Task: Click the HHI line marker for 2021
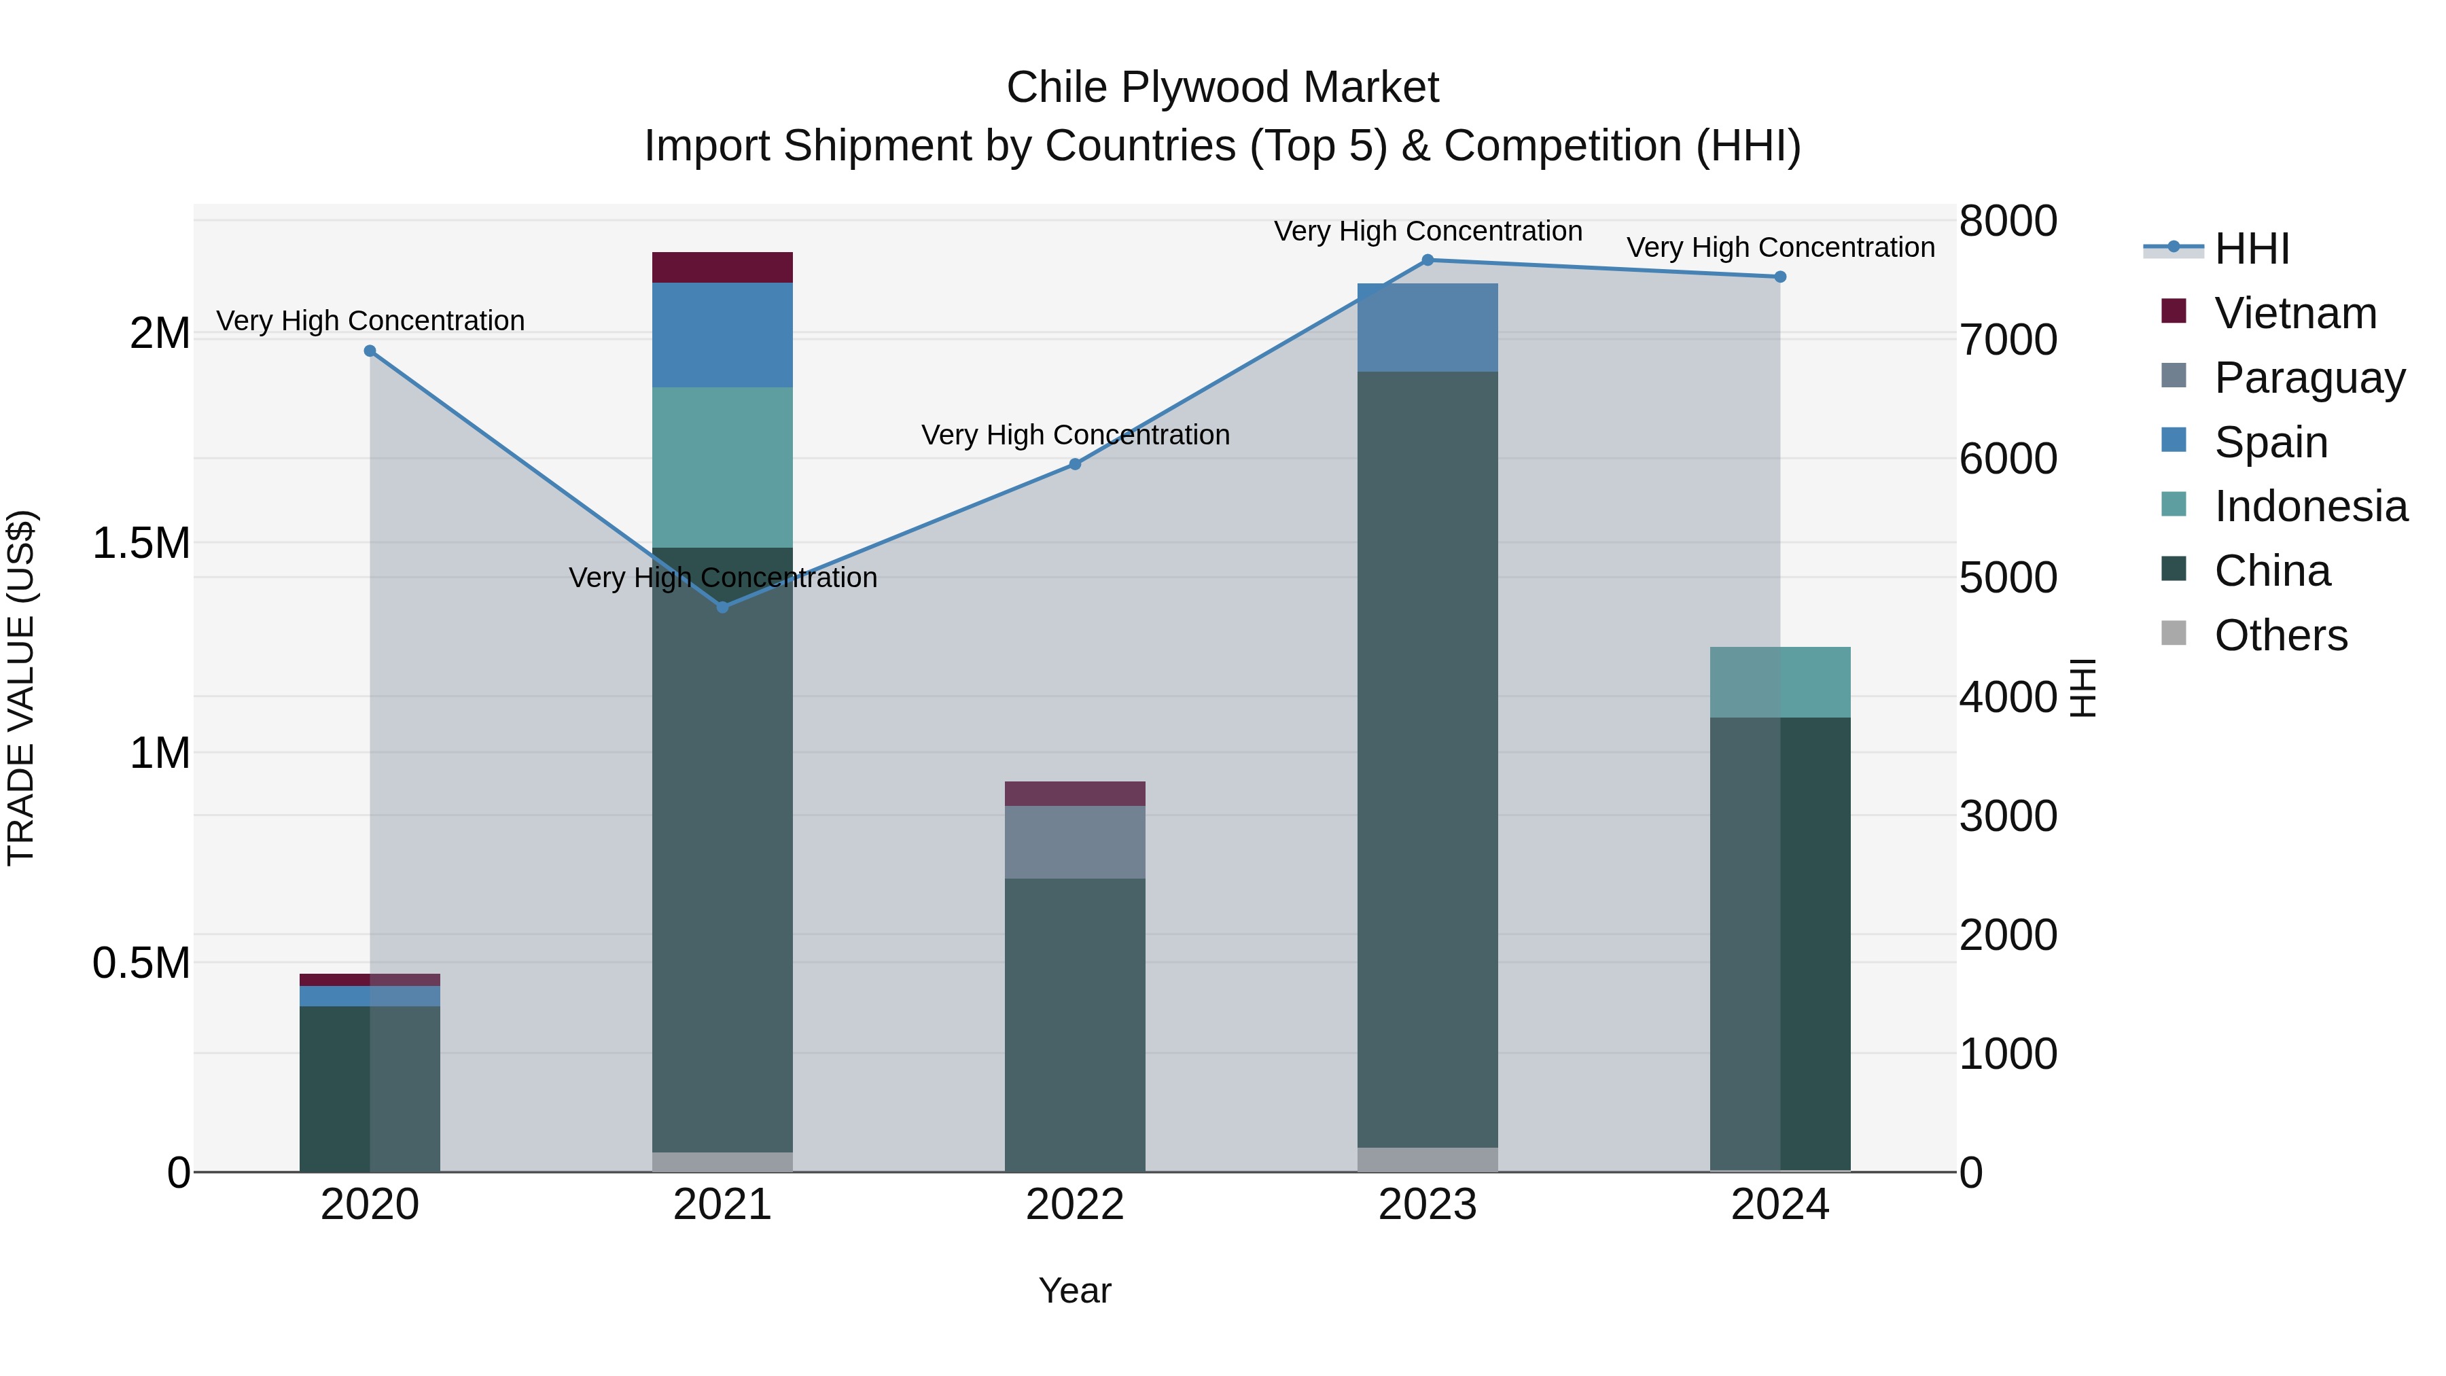click(x=723, y=607)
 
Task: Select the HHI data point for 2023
click(x=1427, y=260)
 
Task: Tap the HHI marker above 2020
click(x=370, y=351)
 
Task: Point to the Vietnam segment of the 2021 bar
click(x=723, y=268)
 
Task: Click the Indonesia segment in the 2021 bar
click(x=723, y=468)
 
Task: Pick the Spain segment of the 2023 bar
click(x=1427, y=328)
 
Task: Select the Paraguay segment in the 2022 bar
click(x=1075, y=843)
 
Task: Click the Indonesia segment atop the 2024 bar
click(x=1780, y=682)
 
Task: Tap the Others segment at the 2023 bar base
click(x=1427, y=1159)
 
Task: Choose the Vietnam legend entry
click(x=2295, y=313)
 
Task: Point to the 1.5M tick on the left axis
click(x=141, y=543)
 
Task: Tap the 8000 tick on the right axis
click(x=2007, y=222)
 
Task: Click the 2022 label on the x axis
click(x=1075, y=1205)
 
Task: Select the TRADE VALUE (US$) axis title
click(x=22, y=688)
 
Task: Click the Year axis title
click(x=1075, y=1290)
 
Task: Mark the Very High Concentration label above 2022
click(x=1075, y=435)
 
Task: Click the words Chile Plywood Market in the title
click(x=1222, y=88)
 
